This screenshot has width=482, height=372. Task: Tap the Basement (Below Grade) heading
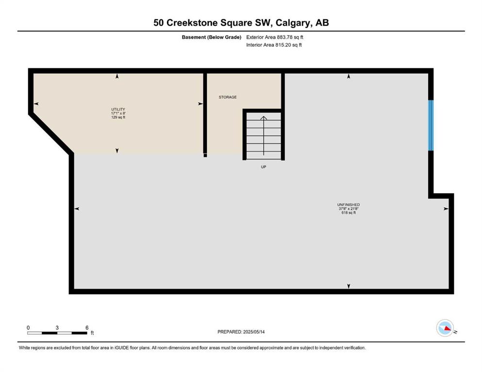(x=212, y=37)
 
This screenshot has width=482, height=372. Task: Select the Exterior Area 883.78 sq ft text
(x=275, y=37)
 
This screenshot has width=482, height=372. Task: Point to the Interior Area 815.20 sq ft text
(x=274, y=45)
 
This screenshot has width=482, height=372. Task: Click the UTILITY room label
(x=118, y=109)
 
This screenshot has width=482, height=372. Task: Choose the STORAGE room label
(x=228, y=97)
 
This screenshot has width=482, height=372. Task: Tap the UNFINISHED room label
(x=349, y=204)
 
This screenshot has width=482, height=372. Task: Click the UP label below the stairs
(x=264, y=167)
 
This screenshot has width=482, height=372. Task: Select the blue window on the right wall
(x=431, y=125)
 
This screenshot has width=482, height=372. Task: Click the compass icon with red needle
(x=445, y=328)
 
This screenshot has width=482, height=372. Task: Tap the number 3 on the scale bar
(x=57, y=327)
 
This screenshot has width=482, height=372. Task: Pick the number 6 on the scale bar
(x=87, y=327)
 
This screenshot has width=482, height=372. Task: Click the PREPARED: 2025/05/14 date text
(x=241, y=332)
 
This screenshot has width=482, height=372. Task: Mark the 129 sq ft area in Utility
(x=118, y=117)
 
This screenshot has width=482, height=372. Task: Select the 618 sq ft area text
(x=349, y=213)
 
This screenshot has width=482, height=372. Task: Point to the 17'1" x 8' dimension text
(x=118, y=113)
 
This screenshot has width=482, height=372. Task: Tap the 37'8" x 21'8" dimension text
(x=349, y=209)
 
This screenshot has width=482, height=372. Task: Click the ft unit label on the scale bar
(x=92, y=333)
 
